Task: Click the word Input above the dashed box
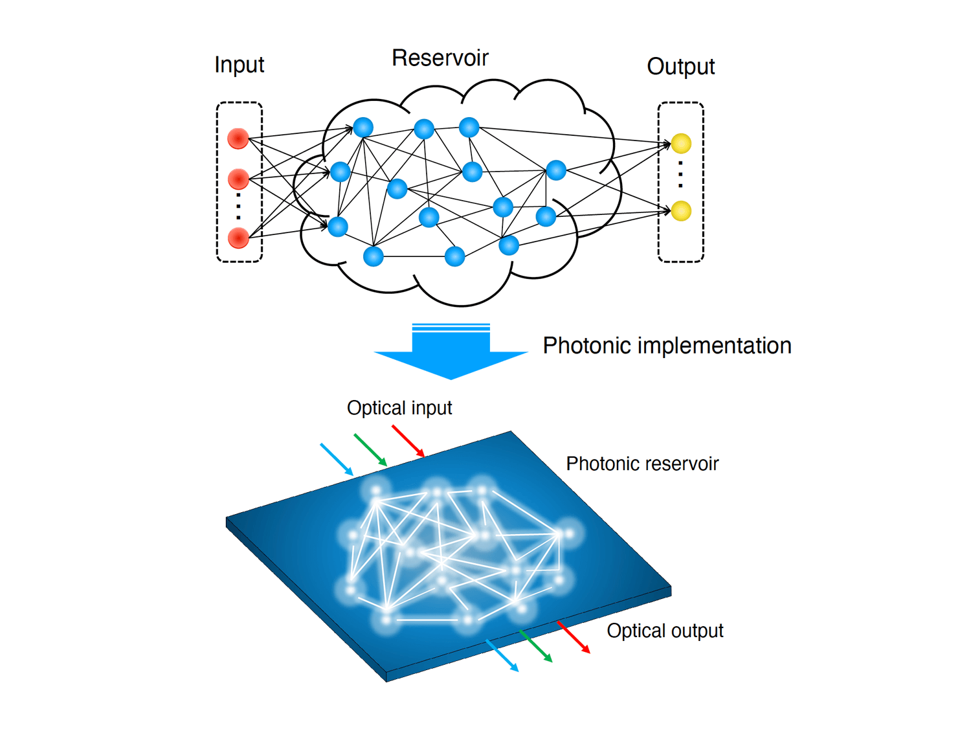[x=239, y=65]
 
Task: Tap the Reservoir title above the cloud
[x=440, y=58]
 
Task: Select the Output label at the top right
[x=680, y=67]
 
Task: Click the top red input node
[x=238, y=139]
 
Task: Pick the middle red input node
[x=238, y=179]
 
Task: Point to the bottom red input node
[x=238, y=238]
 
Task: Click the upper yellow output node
[x=681, y=143]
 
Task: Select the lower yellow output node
[x=681, y=210]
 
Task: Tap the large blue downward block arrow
[x=451, y=352]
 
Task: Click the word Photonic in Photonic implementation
[x=586, y=346]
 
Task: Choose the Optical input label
[x=399, y=408]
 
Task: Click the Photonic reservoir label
[x=642, y=464]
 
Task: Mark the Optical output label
[x=665, y=631]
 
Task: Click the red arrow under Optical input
[x=408, y=442]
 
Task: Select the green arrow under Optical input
[x=370, y=450]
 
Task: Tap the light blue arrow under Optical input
[x=337, y=460]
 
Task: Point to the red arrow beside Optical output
[x=574, y=637]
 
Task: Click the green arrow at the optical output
[x=536, y=646]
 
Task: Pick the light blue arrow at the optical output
[x=502, y=656]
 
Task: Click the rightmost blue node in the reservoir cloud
[x=556, y=170]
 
